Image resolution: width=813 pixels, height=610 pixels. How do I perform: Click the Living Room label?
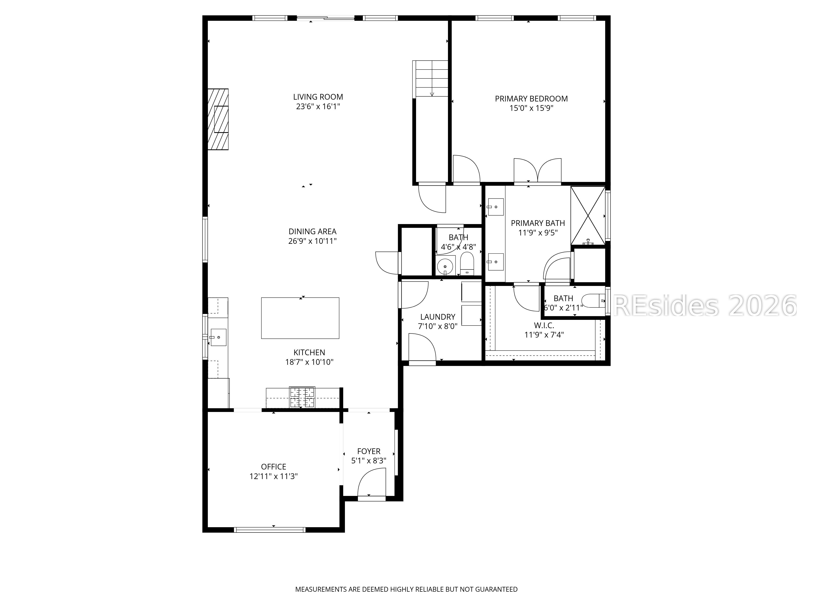pos(318,97)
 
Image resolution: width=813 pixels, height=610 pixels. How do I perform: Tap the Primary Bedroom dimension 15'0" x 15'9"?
pos(531,108)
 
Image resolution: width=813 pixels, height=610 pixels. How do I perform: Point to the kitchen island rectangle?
pos(300,318)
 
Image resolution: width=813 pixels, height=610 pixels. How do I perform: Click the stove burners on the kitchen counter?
pos(302,397)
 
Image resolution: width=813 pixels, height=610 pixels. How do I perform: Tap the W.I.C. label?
pos(544,325)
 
